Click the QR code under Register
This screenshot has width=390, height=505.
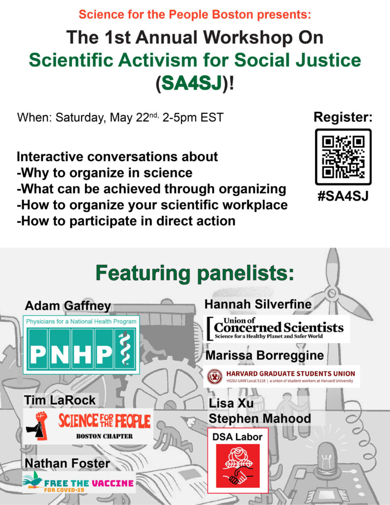[343, 157]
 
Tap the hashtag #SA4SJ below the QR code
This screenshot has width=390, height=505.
[343, 196]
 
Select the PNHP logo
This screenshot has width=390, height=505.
[81, 345]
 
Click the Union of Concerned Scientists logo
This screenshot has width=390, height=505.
[277, 328]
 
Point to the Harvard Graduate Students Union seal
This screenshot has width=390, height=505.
[214, 376]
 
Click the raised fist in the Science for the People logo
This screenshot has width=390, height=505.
[38, 426]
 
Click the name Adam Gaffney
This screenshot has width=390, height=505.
[68, 306]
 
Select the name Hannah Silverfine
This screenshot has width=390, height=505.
[258, 304]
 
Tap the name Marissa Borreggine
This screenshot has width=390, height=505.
[265, 355]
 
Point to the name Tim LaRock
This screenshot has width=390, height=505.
[60, 400]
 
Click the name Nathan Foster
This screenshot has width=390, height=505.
[68, 463]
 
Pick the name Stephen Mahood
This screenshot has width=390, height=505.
[260, 418]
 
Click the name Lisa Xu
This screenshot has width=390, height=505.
[231, 403]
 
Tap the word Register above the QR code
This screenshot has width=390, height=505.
[343, 117]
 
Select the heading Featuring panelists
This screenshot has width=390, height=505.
[195, 273]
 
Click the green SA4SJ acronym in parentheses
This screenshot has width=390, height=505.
[192, 83]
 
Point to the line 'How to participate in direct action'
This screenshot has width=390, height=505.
[126, 221]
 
